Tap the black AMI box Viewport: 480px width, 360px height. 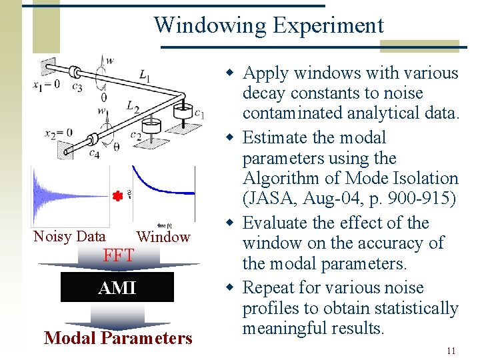(x=117, y=287)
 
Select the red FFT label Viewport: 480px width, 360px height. (x=119, y=255)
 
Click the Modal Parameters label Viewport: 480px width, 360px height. (x=118, y=338)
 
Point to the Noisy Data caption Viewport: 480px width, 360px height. (x=69, y=236)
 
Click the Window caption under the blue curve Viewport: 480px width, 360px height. (x=163, y=237)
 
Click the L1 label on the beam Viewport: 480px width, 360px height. (x=145, y=77)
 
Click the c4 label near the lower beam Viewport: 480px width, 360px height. (x=95, y=154)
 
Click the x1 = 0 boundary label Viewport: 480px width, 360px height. (x=46, y=84)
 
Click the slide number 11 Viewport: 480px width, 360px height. (x=451, y=351)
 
